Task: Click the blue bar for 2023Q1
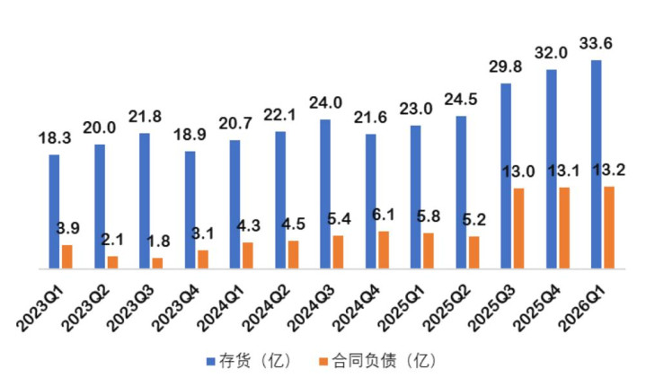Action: [55, 212]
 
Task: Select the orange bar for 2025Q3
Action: [518, 228]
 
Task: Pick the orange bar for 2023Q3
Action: [157, 263]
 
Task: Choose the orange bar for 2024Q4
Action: [383, 250]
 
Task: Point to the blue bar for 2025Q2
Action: [460, 192]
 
